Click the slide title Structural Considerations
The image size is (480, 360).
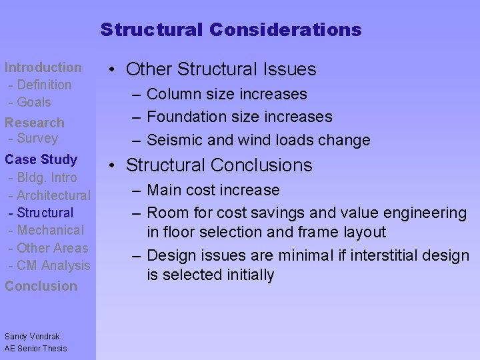coord(231,30)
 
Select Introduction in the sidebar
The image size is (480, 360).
coord(43,67)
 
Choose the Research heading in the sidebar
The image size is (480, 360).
coord(35,123)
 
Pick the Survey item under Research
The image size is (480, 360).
coord(33,139)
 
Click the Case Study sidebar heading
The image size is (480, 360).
coord(41,159)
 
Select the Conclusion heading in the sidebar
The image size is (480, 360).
coord(41,286)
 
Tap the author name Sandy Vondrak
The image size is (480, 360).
coord(32,337)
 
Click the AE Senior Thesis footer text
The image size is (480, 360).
coord(36,349)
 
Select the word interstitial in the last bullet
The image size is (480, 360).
coord(386,256)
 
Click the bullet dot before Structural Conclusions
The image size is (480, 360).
coord(113,165)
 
